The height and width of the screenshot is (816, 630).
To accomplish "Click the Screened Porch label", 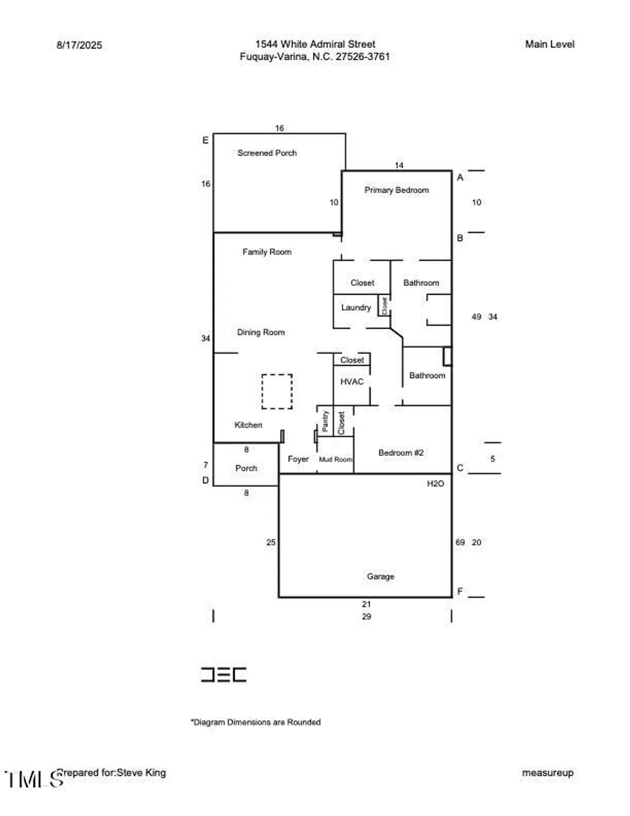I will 267,153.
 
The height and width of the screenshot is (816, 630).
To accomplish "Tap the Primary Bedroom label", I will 396,190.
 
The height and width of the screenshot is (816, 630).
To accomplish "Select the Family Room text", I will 267,252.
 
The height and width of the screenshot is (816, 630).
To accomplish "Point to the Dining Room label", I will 261,332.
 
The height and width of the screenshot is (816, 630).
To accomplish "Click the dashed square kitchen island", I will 277,391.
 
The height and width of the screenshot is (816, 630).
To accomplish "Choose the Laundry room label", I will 356,308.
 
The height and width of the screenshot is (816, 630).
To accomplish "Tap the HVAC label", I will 352,382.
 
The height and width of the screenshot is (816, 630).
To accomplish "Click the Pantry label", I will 325,421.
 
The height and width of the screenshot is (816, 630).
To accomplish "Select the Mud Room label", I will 335,460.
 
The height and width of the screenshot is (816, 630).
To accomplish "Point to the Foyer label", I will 298,459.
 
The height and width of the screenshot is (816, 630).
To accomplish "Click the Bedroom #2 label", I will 401,453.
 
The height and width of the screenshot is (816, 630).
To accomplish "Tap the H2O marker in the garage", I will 435,484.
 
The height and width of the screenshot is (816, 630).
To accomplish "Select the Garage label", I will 381,577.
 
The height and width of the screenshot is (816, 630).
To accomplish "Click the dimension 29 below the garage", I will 366,617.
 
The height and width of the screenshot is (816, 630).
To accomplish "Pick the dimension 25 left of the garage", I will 271,542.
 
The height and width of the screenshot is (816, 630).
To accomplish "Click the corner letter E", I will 205,140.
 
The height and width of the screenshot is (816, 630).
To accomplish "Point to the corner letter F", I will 460,592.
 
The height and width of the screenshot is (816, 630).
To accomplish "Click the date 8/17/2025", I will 79,45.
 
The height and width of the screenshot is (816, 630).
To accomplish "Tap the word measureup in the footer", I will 547,773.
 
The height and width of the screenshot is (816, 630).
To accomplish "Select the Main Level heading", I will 550,45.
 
